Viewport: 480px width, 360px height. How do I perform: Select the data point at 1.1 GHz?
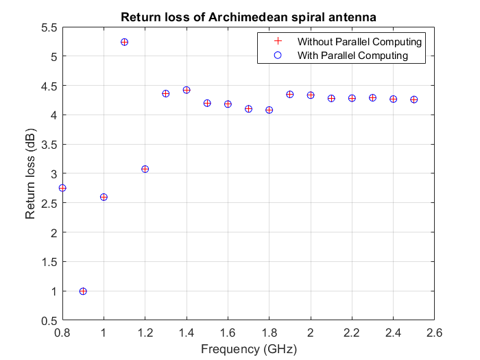pyautogui.click(x=124, y=42)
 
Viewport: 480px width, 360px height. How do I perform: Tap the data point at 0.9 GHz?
pyautogui.click(x=83, y=291)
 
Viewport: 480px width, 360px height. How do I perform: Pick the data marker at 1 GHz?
pyautogui.click(x=104, y=197)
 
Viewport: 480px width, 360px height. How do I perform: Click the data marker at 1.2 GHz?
pyautogui.click(x=145, y=169)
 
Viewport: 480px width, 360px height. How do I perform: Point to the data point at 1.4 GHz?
pyautogui.click(x=186, y=90)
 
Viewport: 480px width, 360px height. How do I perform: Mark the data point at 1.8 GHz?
pyautogui.click(x=269, y=110)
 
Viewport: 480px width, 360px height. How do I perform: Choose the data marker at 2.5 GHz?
pyautogui.click(x=413, y=99)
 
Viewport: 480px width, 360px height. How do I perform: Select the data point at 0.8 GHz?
pyautogui.click(x=62, y=188)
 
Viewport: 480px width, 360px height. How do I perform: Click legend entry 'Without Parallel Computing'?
pyautogui.click(x=359, y=42)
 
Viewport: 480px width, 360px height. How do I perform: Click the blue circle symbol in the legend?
pyautogui.click(x=277, y=55)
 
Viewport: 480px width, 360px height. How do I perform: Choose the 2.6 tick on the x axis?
pyautogui.click(x=434, y=333)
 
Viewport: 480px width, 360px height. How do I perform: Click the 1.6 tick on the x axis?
pyautogui.click(x=228, y=333)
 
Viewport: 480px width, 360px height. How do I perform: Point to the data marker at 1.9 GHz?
pyautogui.click(x=289, y=94)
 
